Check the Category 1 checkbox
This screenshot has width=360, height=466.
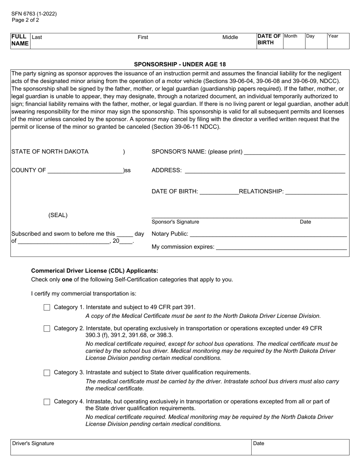coord(47,308)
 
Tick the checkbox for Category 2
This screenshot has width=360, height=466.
coord(47,329)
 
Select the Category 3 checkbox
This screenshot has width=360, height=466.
coord(47,373)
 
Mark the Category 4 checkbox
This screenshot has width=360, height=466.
coord(47,402)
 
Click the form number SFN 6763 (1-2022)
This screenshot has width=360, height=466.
coord(34,14)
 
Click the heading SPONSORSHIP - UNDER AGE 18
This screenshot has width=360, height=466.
coord(180,64)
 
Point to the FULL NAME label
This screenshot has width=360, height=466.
coord(20,40)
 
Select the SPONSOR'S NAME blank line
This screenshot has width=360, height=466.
coord(295,152)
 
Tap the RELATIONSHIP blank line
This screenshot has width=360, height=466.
coord(316,191)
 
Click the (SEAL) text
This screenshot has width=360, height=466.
coord(58,215)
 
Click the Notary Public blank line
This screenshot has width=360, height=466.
coord(268,234)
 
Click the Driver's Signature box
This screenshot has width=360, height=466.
coord(131,447)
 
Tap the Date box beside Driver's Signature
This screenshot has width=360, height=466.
coord(300,447)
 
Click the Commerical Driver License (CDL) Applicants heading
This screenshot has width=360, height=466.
coord(95,271)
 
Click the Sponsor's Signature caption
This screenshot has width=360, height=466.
coord(175,222)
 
